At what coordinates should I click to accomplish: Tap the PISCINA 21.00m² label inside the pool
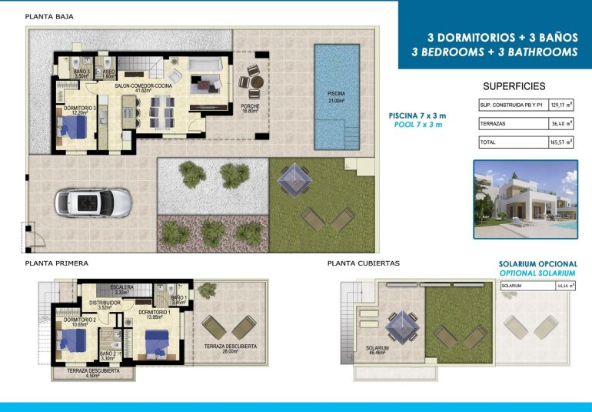(336, 96)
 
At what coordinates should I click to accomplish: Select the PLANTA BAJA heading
(50, 15)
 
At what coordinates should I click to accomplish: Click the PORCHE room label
(249, 109)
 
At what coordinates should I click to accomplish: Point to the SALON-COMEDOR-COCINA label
(143, 87)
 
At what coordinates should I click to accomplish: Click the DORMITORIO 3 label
(79, 109)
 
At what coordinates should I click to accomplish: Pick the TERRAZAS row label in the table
(493, 123)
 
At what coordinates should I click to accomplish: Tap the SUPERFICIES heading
(514, 86)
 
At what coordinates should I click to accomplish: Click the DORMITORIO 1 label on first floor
(154, 314)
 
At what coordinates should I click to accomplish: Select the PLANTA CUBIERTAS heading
(363, 263)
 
